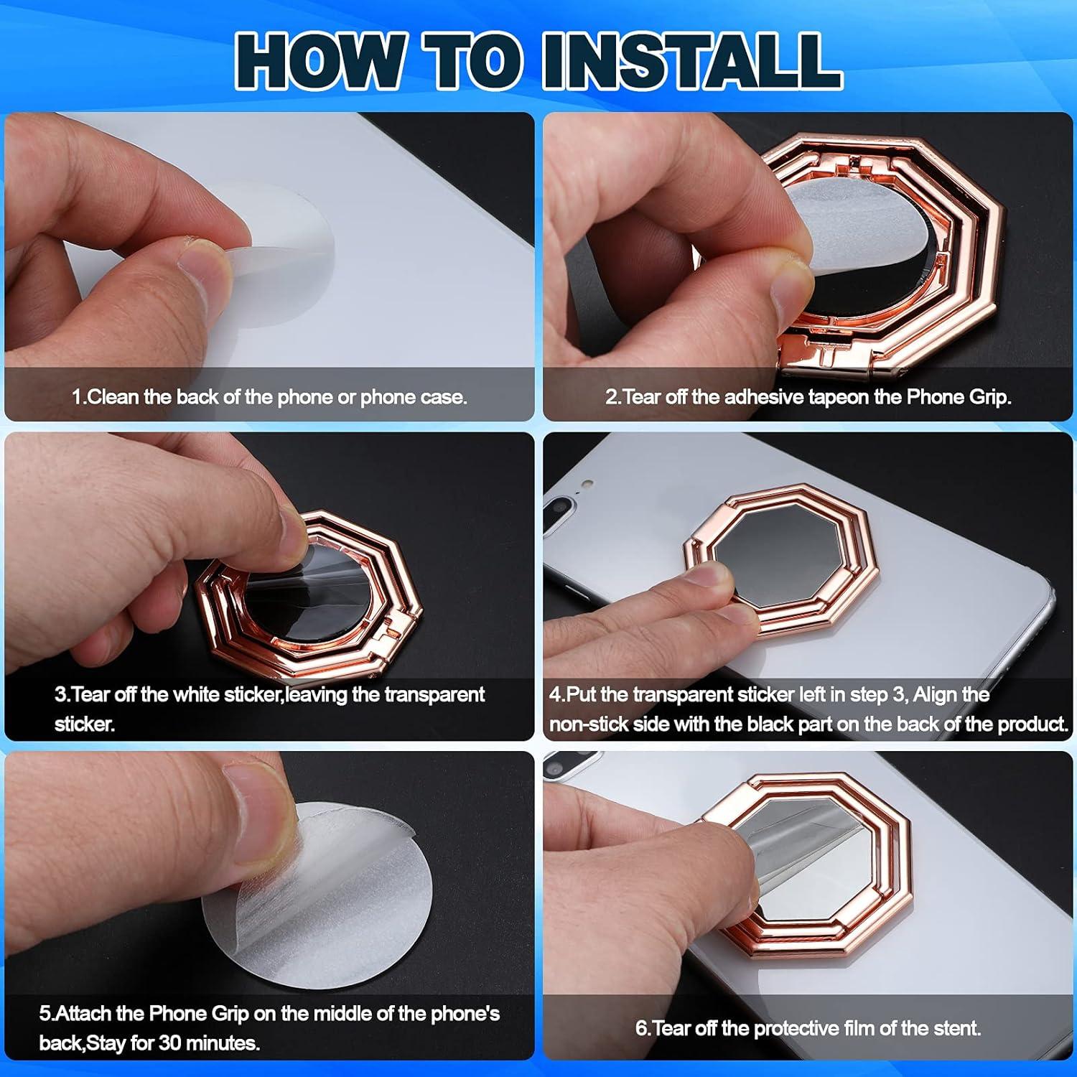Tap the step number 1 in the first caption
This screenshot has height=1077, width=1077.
(77, 397)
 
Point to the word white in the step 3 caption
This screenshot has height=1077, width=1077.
(197, 695)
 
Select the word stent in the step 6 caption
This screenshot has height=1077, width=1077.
(954, 1029)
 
